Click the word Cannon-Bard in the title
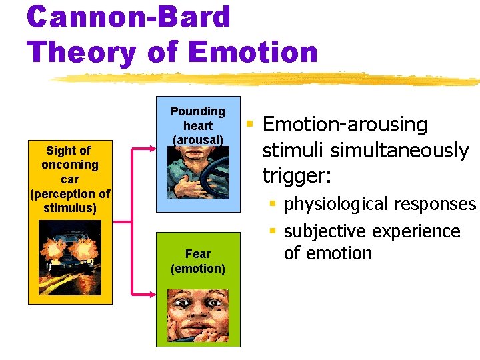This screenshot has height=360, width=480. pos(129,17)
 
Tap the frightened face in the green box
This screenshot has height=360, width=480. pos(197,317)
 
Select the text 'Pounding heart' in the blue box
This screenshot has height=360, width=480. pos(198,118)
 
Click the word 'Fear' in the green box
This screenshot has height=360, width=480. pos(198,254)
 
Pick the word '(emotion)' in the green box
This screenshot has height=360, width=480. pos(198,269)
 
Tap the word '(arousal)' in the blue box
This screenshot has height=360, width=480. pos(198,140)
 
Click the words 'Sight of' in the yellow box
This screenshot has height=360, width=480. pos(69,150)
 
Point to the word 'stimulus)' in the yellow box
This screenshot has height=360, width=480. pos(70,209)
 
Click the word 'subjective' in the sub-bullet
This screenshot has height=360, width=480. pos(323,231)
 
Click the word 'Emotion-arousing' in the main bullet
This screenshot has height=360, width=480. pos(345,125)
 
